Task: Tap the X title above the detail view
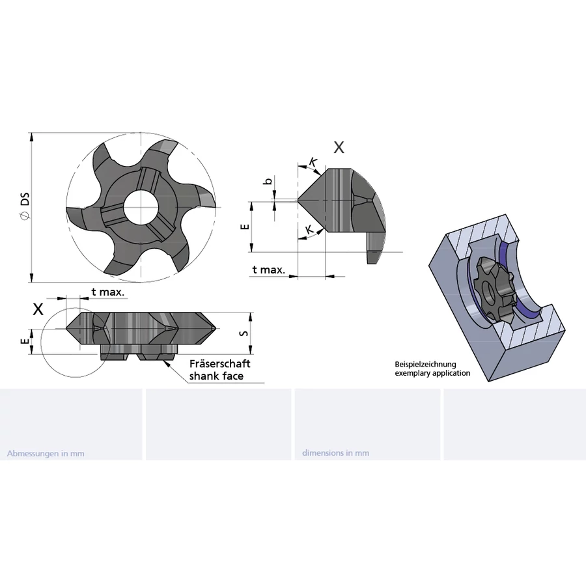click(339, 148)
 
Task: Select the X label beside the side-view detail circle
click(38, 309)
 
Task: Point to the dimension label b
click(268, 182)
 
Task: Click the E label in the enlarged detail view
click(245, 227)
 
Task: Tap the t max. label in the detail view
click(269, 270)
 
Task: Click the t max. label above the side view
click(107, 292)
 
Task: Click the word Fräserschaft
click(220, 363)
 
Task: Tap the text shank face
click(216, 376)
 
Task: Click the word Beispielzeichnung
click(425, 365)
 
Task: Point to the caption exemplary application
click(432, 373)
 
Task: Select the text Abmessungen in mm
click(46, 453)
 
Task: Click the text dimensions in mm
click(335, 453)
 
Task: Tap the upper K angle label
click(313, 162)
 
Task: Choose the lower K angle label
click(310, 230)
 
